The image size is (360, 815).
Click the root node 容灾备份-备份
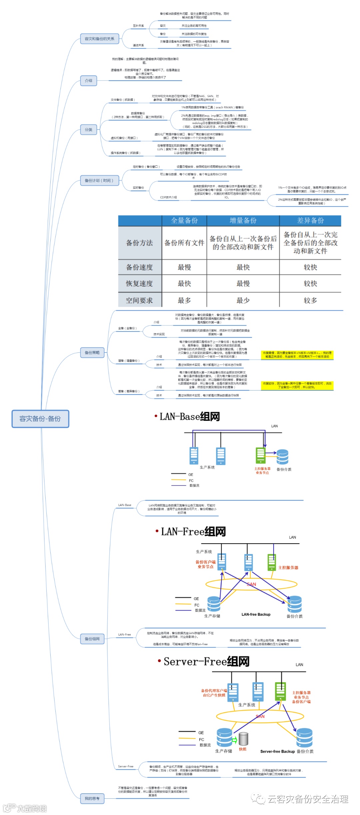tap(40, 419)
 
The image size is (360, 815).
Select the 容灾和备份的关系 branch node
tap(99, 39)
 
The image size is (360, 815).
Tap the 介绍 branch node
tap(88, 80)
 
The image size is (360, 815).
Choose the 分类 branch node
tap(88, 129)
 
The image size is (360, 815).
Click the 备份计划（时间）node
tap(99, 180)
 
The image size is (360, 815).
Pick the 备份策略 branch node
tap(92, 352)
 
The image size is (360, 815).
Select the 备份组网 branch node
tap(92, 639)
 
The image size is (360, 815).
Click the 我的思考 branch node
tap(92, 798)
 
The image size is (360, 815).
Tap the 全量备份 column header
tap(184, 220)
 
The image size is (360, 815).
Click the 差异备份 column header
tap(310, 220)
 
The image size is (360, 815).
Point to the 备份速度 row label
tap(140, 267)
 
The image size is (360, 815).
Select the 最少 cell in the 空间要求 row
tap(243, 300)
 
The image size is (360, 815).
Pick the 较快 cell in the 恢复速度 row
tap(310, 283)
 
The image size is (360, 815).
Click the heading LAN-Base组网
tap(189, 417)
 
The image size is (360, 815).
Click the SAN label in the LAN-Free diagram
tap(251, 584)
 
